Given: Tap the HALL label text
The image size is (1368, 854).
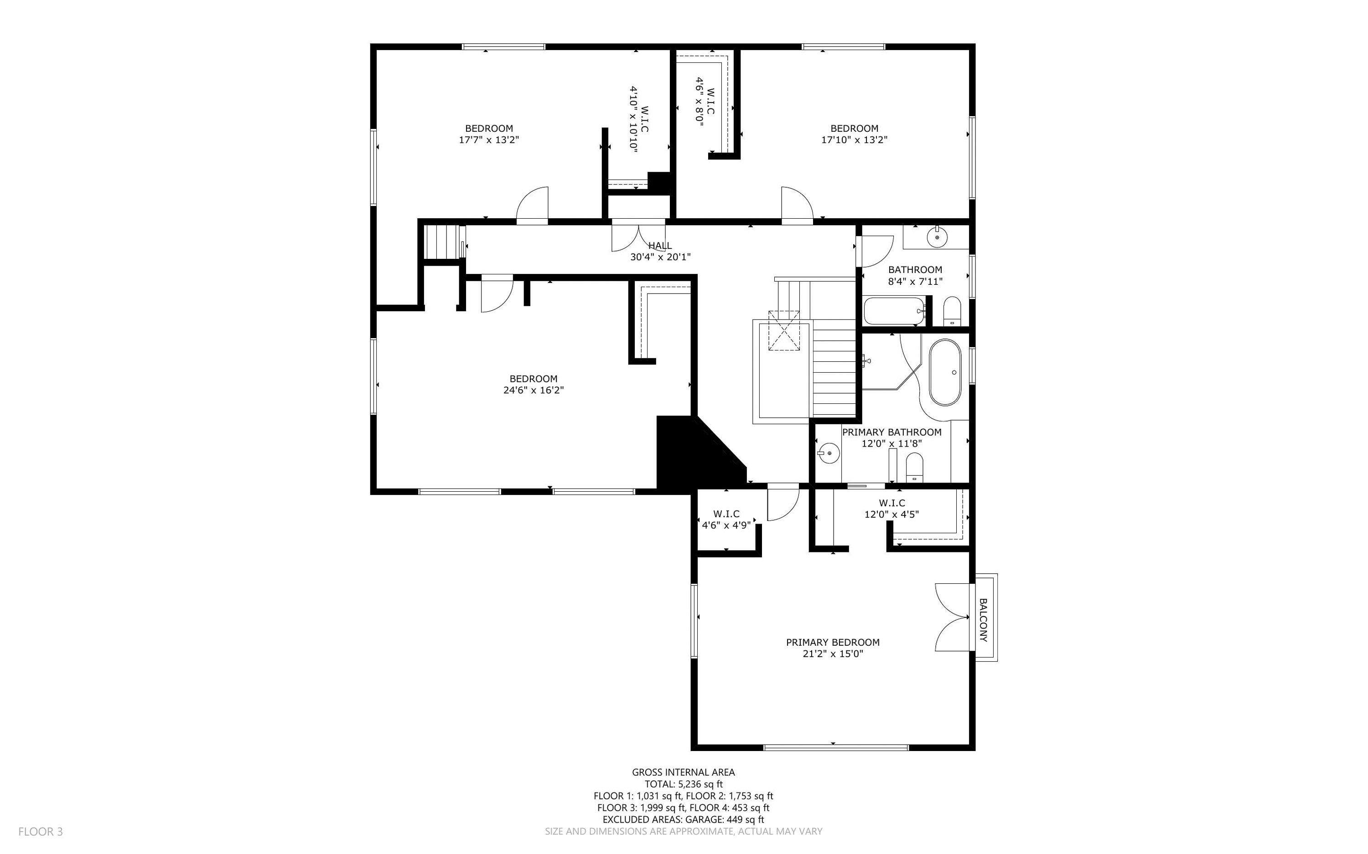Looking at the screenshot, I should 660,246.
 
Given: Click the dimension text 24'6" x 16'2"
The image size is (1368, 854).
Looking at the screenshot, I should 534,390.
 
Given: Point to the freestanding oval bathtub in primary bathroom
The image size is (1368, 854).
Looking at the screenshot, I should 945,372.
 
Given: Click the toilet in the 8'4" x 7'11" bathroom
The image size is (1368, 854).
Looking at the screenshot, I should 952,311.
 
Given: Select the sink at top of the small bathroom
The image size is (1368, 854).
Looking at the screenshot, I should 938,236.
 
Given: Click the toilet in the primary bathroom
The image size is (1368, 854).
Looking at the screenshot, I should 914,468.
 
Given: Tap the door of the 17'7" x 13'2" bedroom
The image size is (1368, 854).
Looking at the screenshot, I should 532,206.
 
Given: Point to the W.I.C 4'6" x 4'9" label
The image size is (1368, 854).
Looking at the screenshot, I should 726,519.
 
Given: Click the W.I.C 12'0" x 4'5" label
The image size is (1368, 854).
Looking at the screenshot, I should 891,508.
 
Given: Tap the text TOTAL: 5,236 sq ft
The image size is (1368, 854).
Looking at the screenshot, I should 683,784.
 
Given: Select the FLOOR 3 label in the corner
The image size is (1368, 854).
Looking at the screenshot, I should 41,831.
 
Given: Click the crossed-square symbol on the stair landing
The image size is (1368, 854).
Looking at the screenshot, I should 784,331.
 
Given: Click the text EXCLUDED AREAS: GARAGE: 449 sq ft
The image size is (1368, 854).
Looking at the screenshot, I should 683,819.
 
